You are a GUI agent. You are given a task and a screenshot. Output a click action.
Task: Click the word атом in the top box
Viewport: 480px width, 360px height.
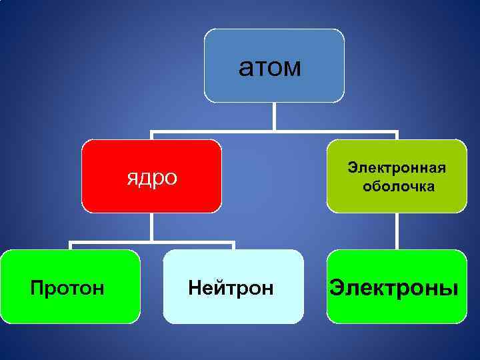click(270, 67)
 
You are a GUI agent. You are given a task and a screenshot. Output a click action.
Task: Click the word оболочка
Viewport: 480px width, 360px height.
click(399, 186)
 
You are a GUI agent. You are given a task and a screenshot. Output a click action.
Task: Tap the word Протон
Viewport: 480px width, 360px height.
click(67, 289)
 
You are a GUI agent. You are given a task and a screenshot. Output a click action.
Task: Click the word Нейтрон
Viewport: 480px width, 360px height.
click(231, 289)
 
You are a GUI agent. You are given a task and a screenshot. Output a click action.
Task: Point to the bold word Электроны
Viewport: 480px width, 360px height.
click(395, 289)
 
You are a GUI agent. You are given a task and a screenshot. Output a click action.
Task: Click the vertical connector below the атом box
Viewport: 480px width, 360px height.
click(274, 117)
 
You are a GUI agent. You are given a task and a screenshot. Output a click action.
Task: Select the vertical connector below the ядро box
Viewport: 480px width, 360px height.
click(152, 227)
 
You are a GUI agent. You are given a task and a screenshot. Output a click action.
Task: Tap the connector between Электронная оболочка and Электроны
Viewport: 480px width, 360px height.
click(397, 231)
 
